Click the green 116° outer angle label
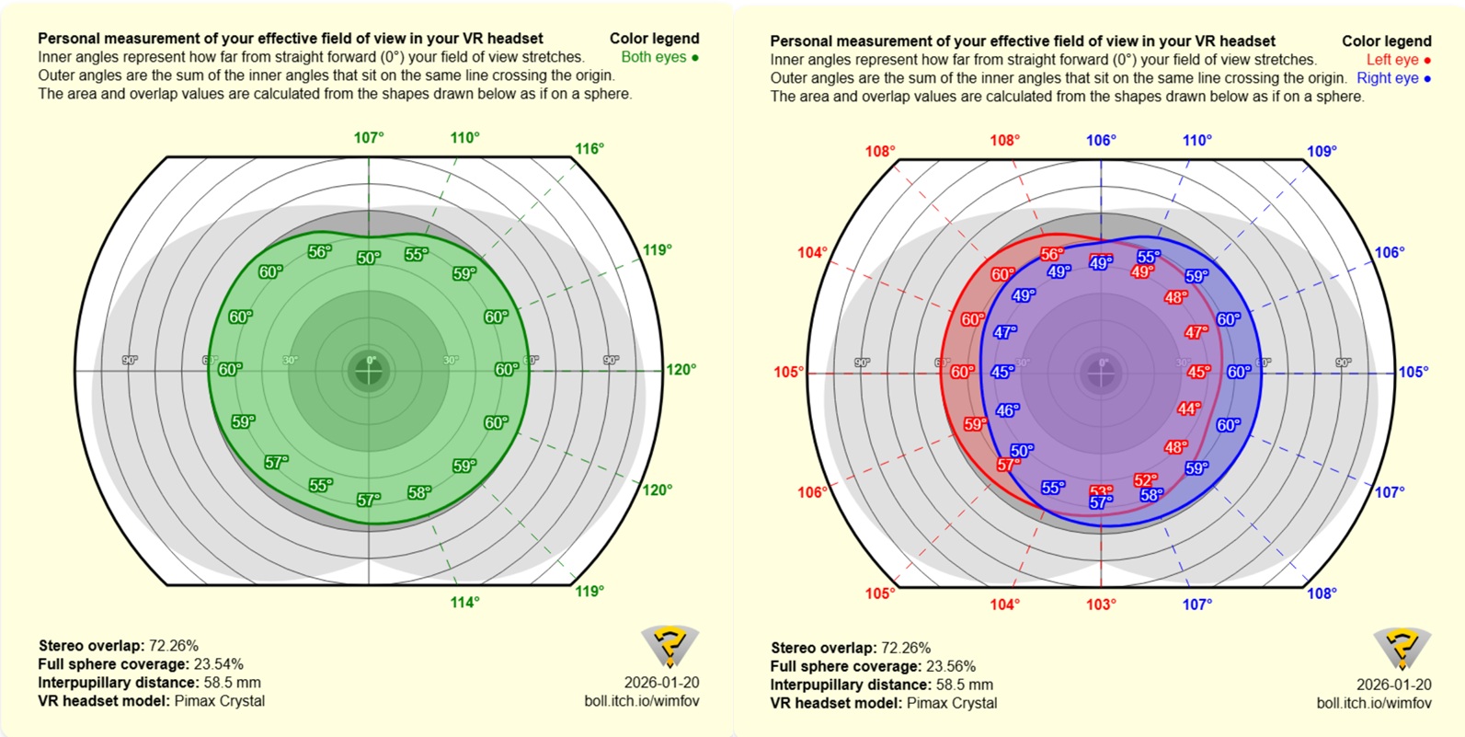pyautogui.click(x=589, y=149)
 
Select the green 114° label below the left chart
pyautogui.click(x=464, y=603)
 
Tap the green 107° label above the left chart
pyautogui.click(x=369, y=138)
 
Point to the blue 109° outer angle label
pyautogui.click(x=1322, y=152)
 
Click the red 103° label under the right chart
pyautogui.click(x=1101, y=605)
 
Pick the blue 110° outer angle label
pyautogui.click(x=1196, y=141)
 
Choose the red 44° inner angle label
pyautogui.click(x=1189, y=409)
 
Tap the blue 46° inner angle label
pyautogui.click(x=1008, y=410)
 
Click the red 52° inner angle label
pyautogui.click(x=1145, y=480)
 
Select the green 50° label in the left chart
pyautogui.click(x=368, y=259)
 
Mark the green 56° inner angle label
pyautogui.click(x=319, y=252)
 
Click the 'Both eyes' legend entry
pyautogui.click(x=659, y=57)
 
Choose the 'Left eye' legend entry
pyautogui.click(x=1398, y=60)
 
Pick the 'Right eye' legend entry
pyautogui.click(x=1393, y=78)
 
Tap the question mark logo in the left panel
pyautogui.click(x=670, y=646)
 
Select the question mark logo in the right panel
pyautogui.click(x=1402, y=648)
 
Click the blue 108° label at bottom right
pyautogui.click(x=1322, y=594)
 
